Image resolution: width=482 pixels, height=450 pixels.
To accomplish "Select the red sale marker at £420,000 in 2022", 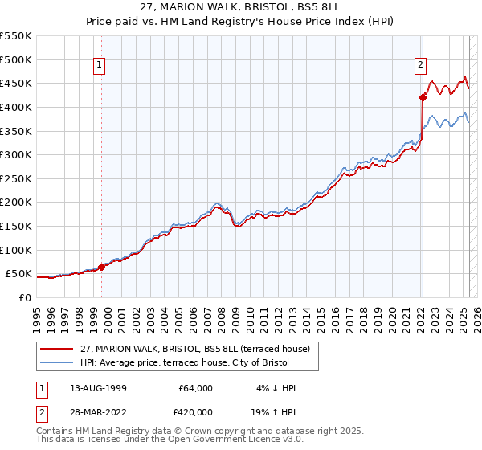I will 423,98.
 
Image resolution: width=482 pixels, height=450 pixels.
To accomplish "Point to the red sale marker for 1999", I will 101,267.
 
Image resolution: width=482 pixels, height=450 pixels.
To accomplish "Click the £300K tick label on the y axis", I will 16,154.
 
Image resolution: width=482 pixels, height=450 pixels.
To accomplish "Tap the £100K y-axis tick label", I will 16,250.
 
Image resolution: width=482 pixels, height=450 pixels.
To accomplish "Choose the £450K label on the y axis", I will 16,83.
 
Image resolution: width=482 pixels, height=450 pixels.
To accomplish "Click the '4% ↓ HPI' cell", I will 274,388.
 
